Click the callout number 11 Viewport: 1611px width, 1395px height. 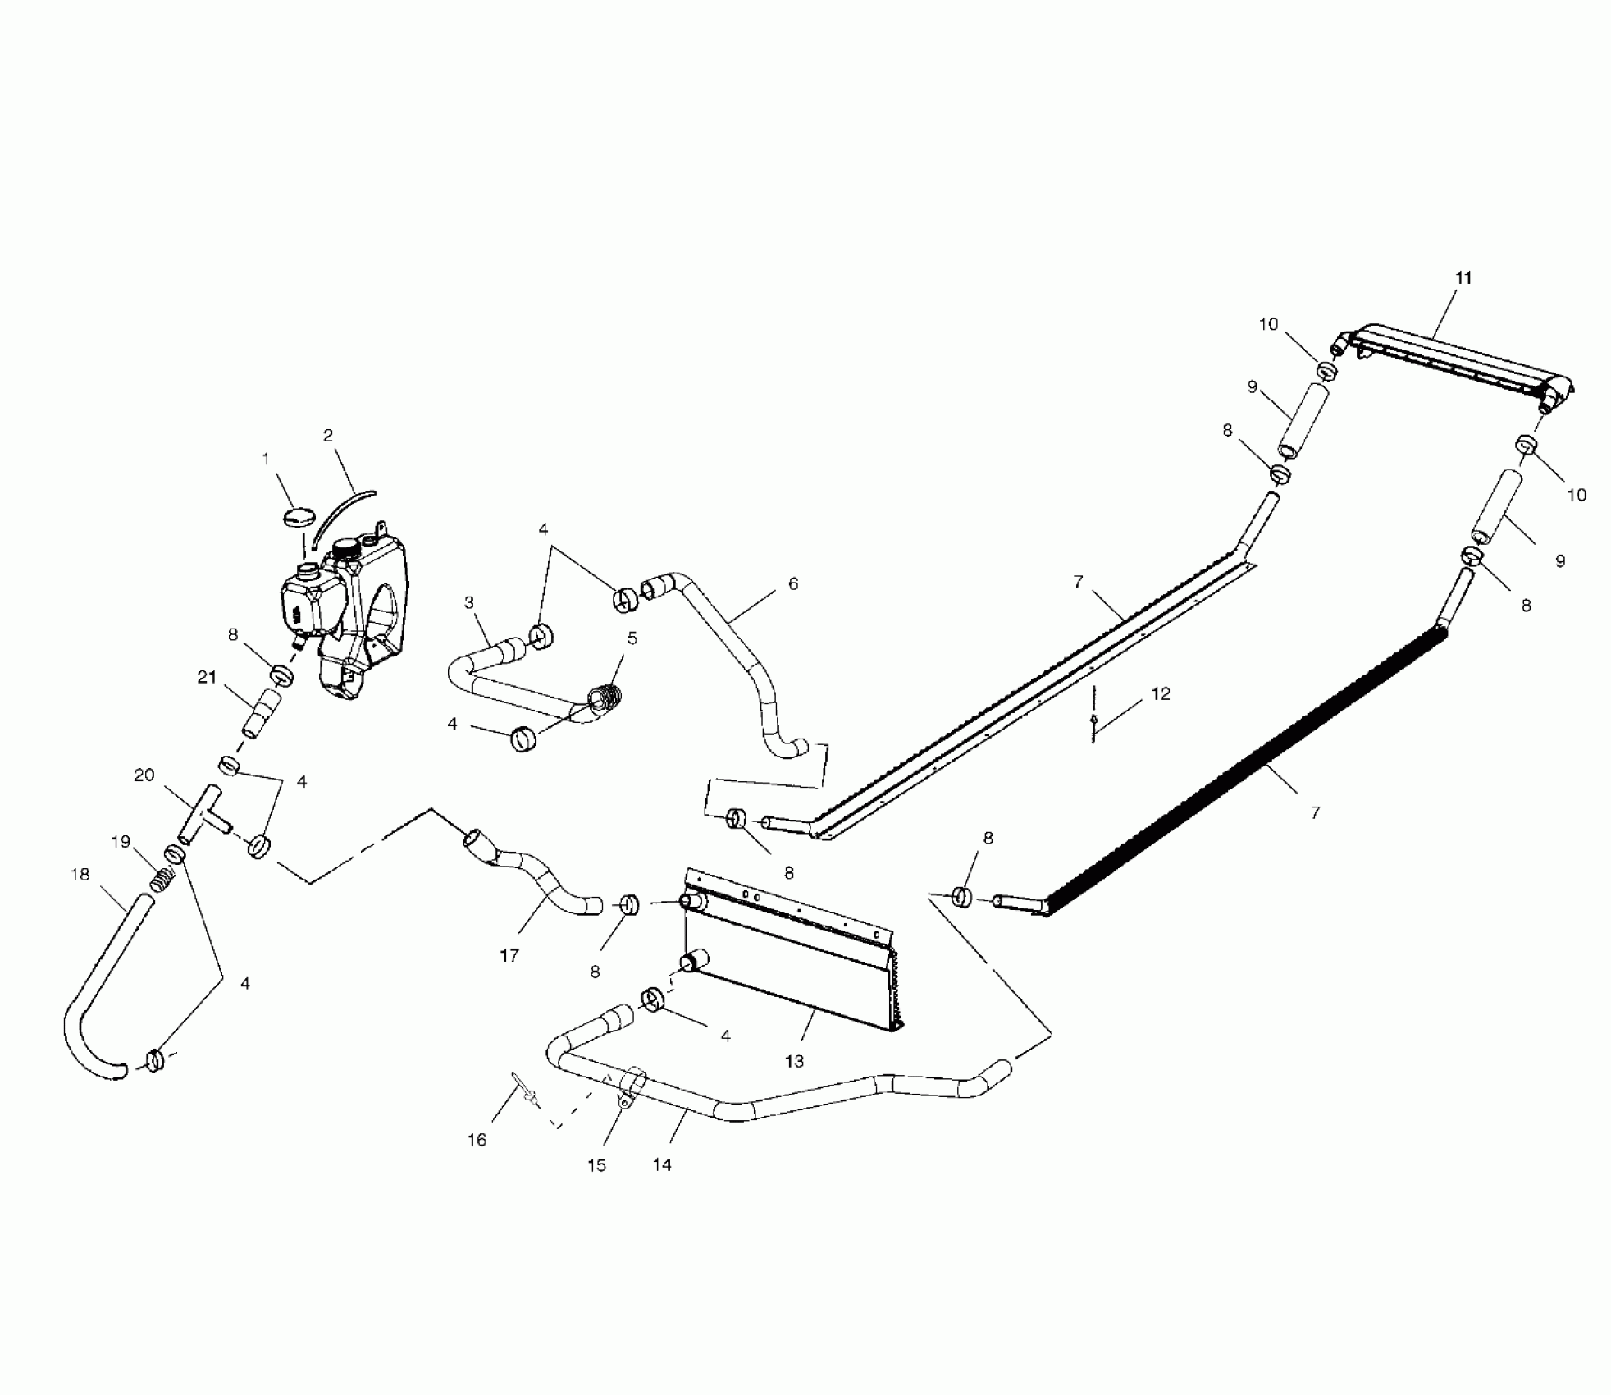tap(1463, 278)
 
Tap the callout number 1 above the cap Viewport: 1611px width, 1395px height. tap(266, 460)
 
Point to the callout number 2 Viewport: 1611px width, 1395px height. tap(328, 436)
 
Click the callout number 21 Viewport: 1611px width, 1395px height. tap(207, 677)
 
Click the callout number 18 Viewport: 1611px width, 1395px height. tap(80, 875)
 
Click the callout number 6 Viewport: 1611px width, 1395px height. tap(792, 584)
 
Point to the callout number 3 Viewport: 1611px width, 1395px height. tap(468, 603)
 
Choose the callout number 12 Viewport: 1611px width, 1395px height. tap(1160, 694)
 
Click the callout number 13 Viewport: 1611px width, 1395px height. tap(794, 1061)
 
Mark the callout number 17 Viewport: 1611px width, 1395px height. tap(509, 955)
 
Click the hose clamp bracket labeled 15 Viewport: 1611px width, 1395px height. tap(630, 1087)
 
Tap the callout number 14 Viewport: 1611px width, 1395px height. tap(662, 1164)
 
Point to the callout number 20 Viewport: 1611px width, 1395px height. tap(144, 775)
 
